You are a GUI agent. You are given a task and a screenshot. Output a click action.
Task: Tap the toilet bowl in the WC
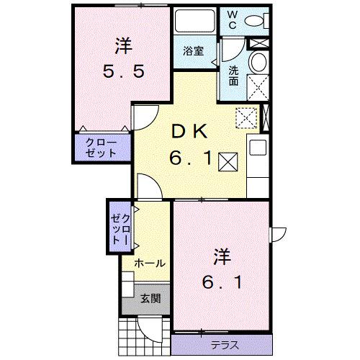254,20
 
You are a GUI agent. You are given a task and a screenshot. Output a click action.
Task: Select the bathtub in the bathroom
194,24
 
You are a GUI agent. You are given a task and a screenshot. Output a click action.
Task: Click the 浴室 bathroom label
192,51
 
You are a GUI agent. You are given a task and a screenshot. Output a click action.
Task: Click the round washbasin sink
257,63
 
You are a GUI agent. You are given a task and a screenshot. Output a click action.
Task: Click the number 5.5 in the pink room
123,71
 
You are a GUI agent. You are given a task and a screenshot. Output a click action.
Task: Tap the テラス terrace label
225,343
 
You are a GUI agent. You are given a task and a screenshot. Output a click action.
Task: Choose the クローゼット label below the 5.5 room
100,147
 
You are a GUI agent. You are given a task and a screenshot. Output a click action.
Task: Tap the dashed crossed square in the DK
246,117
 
